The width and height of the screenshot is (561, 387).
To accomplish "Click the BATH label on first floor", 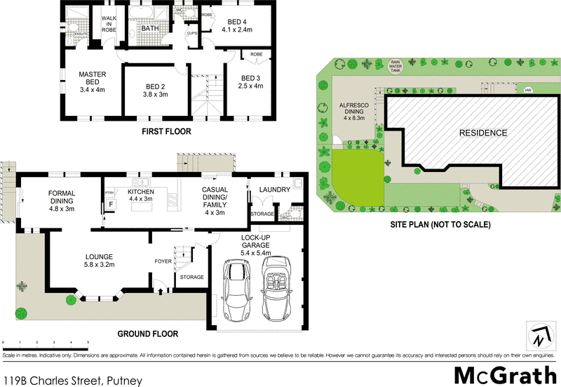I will click(150, 29).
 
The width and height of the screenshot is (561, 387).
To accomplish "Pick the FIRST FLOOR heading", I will click(166, 131).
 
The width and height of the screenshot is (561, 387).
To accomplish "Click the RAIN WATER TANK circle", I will click(396, 66).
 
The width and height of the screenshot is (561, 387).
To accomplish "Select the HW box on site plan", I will click(527, 90).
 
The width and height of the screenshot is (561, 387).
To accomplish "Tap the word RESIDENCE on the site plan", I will click(482, 132).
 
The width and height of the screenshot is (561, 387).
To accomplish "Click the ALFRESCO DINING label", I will click(354, 113).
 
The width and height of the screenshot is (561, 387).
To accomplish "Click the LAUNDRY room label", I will click(275, 190).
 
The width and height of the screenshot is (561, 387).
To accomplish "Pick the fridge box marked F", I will click(110, 206).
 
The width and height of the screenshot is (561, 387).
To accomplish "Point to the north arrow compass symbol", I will click(539, 336).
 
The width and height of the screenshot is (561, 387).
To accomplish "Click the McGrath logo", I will click(503, 374).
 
